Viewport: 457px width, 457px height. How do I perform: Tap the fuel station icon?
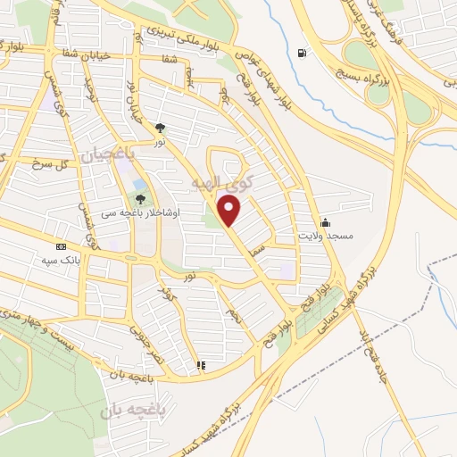pos(305,53)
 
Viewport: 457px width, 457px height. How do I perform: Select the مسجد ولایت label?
pos(338,236)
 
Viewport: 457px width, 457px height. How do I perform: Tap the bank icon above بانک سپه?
pos(61,246)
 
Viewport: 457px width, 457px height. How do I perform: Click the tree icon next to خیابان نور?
pos(161,128)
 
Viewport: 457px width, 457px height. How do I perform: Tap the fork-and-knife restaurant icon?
pos(202,364)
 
